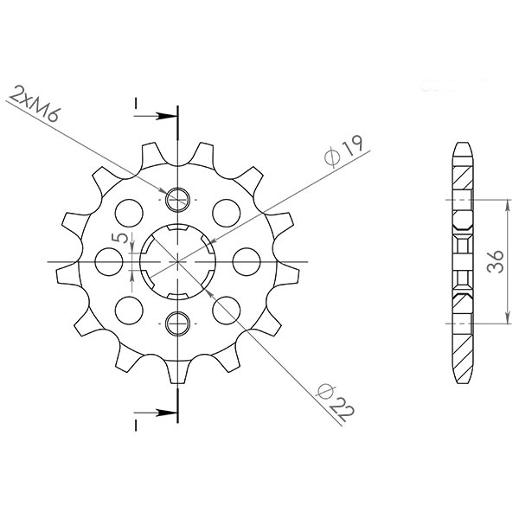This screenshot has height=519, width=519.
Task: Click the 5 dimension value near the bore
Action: coord(123,238)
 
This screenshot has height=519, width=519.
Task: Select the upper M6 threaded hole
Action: coord(178,199)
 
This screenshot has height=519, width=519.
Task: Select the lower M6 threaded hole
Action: coord(178,323)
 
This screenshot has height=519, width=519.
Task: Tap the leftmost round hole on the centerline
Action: coord(108,259)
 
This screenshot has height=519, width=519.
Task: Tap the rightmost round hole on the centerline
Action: coord(247,259)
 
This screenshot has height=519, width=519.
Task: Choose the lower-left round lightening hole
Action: coord(129,309)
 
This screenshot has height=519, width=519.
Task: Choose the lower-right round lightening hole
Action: coord(227,309)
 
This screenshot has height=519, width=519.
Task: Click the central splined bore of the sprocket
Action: coord(178,259)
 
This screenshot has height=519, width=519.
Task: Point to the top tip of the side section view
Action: coord(462,143)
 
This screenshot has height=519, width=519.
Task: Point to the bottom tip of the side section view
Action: coord(462,381)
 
